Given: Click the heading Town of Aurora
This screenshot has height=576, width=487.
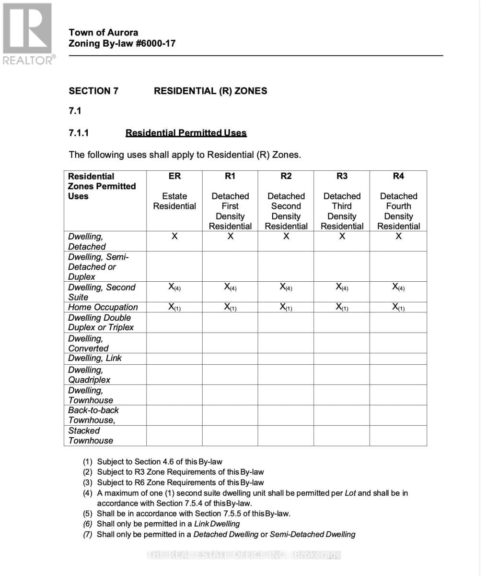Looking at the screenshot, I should click(103, 32).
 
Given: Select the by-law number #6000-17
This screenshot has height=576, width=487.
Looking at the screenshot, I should click(155, 43).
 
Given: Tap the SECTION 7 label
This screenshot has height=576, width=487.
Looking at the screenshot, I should click(93, 91).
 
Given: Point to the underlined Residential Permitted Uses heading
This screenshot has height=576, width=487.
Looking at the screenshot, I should click(186, 133).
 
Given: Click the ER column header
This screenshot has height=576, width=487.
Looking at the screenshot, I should click(174, 176).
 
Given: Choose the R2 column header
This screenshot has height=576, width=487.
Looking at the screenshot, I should click(286, 176).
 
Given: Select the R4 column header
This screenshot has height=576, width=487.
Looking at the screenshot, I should click(398, 176).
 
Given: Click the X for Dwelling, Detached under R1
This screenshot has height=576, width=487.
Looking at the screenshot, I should click(230, 236).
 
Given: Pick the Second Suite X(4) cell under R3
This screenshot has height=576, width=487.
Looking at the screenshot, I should click(342, 287).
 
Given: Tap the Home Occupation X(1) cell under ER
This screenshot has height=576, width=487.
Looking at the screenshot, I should click(174, 307).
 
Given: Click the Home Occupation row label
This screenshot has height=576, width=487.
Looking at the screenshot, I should click(103, 307).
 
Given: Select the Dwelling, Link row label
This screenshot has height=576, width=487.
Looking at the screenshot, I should click(95, 358).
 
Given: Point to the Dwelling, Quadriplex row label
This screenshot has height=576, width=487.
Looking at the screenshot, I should click(89, 375).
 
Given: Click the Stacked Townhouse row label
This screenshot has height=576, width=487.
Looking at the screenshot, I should click(91, 436).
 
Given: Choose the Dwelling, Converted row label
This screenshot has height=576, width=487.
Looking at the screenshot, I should click(88, 343).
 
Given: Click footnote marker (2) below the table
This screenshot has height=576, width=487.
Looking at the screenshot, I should click(88, 472).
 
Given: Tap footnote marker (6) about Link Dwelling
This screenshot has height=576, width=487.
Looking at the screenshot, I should click(88, 524).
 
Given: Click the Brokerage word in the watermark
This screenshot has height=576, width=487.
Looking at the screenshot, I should click(317, 555).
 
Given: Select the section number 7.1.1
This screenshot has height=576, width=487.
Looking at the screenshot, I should click(79, 133).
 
